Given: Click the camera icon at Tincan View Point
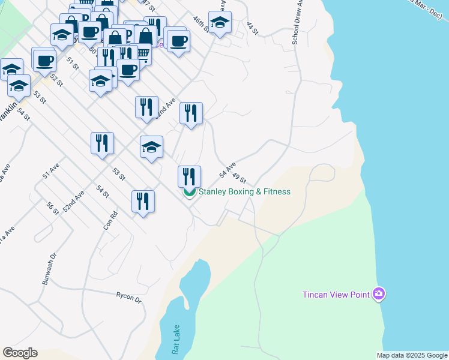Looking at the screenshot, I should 379,294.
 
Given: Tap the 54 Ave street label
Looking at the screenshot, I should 228,170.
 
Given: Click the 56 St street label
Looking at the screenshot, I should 52,208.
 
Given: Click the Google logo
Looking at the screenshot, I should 20,353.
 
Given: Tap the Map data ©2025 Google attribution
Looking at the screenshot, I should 412,355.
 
